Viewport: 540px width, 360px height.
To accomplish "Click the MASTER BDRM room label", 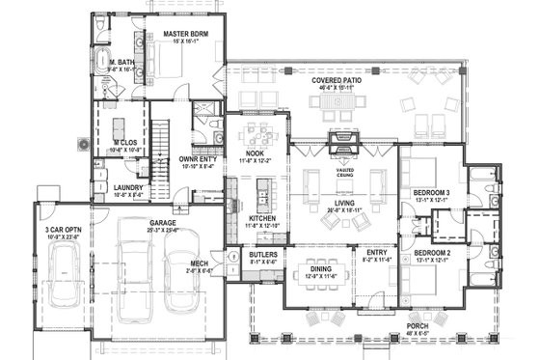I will (x=179, y=35).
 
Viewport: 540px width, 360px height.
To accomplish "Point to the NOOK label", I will (x=256, y=153).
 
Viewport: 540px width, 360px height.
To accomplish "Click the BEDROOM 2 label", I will (x=432, y=252).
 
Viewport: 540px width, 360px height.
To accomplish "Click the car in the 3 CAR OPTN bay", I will (x=65, y=279).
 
